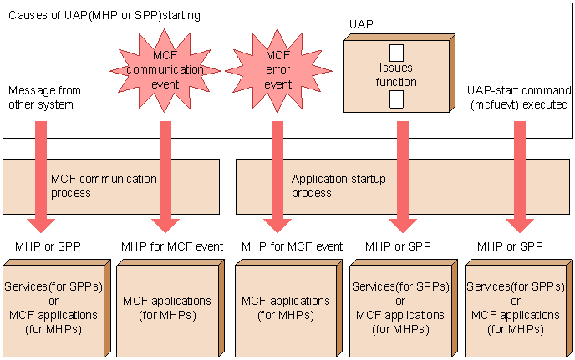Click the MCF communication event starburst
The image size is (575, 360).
165,70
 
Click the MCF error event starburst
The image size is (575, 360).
278,70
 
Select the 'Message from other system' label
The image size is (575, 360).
44,97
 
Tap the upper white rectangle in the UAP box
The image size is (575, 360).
396,53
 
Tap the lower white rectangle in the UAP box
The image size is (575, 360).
396,99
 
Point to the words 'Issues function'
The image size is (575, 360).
396,75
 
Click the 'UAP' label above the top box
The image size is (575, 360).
361,24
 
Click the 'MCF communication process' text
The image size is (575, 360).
104,186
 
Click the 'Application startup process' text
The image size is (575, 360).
338,186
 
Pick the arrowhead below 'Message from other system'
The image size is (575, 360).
41,226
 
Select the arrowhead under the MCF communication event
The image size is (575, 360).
165,226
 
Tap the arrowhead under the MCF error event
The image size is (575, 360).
277,226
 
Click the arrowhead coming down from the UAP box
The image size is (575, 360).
403,226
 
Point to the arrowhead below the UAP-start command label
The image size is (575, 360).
520,226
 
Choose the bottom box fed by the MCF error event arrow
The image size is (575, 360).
289,308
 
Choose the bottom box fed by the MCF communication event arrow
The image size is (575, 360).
170,308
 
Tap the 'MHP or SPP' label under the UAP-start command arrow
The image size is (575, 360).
510,246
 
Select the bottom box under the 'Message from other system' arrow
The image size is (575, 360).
57,308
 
